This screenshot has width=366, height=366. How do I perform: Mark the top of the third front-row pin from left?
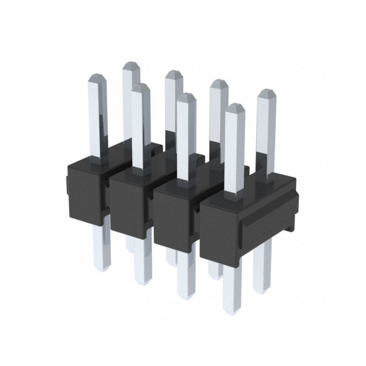click(x=186, y=96)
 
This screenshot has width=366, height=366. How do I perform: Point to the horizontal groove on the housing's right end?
click(x=270, y=215)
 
